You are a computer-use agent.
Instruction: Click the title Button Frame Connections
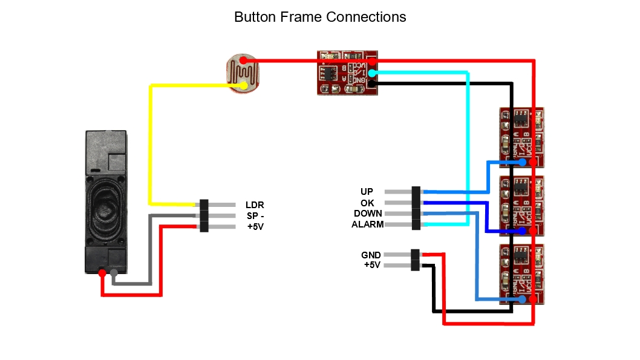pyautogui.click(x=320, y=17)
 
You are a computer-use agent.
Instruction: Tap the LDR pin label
pyautogui.click(x=255, y=205)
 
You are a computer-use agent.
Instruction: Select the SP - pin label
pyautogui.click(x=255, y=216)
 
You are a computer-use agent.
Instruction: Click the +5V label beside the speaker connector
pyautogui.click(x=255, y=227)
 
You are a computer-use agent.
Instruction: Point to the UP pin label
pyautogui.click(x=367, y=192)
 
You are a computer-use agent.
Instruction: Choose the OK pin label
pyautogui.click(x=367, y=203)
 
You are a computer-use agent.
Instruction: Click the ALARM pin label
pyautogui.click(x=367, y=224)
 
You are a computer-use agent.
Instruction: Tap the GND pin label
pyautogui.click(x=371, y=255)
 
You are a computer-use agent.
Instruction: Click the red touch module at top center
pyautogui.click(x=347, y=73)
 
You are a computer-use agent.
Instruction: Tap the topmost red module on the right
pyautogui.click(x=521, y=137)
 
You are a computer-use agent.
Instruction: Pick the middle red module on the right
pyautogui.click(x=521, y=206)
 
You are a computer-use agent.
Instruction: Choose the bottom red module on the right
pyautogui.click(x=521, y=273)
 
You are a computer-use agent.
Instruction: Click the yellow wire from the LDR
pyautogui.click(x=150, y=145)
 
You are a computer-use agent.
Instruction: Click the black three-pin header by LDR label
pyautogui.click(x=204, y=215)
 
